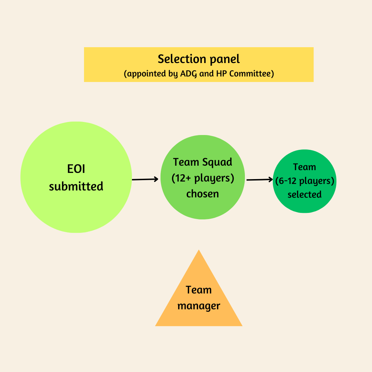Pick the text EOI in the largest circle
pos(76,169)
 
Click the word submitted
pos(76,186)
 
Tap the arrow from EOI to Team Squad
pos(145,179)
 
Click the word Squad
pos(217,162)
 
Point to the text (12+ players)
pos(203,178)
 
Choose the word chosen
pos(203,194)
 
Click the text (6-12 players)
pos(305,181)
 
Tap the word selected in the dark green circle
pos(304,195)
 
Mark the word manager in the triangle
pos(199,306)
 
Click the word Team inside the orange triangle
pos(199,290)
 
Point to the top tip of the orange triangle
pos(199,251)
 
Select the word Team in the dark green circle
pos(304,167)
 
